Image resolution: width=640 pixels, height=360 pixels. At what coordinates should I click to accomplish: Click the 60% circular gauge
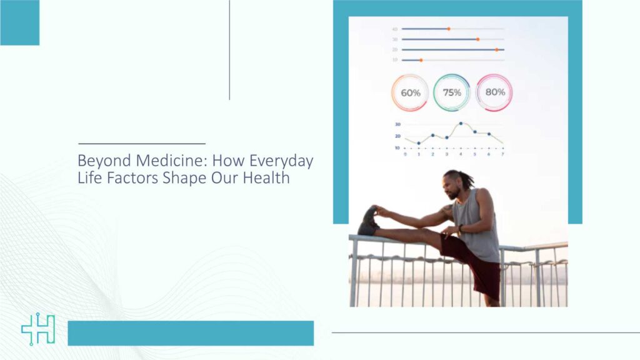[410, 92]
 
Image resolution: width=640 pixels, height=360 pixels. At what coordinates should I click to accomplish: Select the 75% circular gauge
[452, 92]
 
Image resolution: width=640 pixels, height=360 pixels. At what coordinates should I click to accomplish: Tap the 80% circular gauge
[494, 92]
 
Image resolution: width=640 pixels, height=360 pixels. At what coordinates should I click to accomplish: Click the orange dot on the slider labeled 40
[448, 29]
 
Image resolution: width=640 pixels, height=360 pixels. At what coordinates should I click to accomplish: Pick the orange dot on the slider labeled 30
[477, 39]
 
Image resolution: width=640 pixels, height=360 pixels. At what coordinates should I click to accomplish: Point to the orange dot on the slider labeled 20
[497, 49]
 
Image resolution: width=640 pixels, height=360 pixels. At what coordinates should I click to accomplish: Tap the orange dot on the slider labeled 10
[421, 60]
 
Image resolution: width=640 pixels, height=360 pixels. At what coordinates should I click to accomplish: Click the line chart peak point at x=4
[461, 124]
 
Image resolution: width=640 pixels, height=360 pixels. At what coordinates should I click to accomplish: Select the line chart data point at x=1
[419, 143]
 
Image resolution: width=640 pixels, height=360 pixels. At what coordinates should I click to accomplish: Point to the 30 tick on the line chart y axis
[397, 124]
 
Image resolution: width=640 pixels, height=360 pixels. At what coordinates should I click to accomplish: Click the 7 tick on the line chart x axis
[502, 154]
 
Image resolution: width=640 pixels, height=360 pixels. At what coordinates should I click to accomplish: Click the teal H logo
[38, 329]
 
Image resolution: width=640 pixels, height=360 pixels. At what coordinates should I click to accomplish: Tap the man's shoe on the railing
[368, 221]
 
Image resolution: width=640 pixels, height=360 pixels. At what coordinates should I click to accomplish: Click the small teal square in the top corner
[19, 22]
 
